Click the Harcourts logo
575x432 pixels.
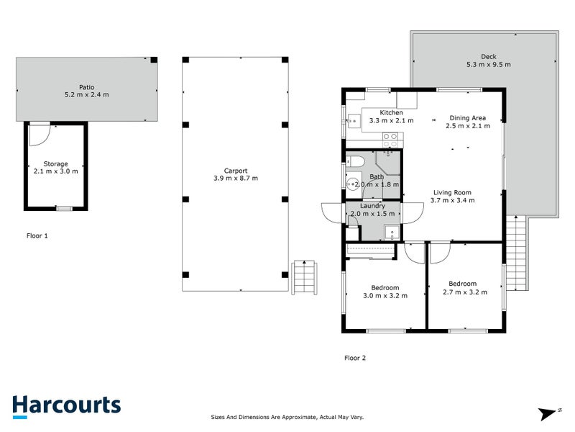click(x=66, y=405)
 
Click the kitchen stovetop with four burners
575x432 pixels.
click(x=390, y=137)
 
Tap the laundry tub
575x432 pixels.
click(x=392, y=232)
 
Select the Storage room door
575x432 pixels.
click(x=40, y=132)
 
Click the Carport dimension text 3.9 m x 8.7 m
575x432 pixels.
click(x=235, y=178)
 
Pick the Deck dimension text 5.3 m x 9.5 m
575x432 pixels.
click(x=488, y=65)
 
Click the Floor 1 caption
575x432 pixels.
click(x=37, y=235)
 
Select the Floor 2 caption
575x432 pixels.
click(x=355, y=358)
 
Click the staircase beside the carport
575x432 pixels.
click(x=304, y=277)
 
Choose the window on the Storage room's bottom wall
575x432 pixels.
click(x=65, y=209)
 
